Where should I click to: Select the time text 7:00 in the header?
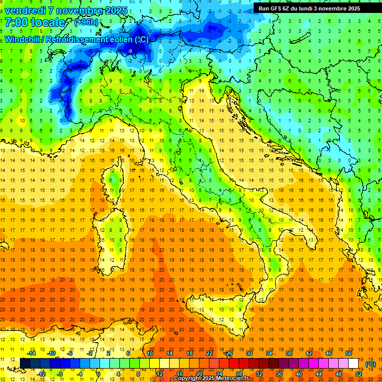pyautogui.click(x=16, y=22)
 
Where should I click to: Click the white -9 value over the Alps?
pyautogui.click(x=130, y=51)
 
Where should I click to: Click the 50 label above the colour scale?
pyautogui.click(x=348, y=353)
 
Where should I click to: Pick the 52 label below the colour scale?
pyautogui.click(x=358, y=374)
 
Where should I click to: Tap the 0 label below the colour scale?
pyautogui.click(x=98, y=374)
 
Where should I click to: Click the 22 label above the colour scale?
pyautogui.click(x=209, y=353)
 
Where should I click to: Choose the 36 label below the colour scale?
pyautogui.click(x=279, y=374)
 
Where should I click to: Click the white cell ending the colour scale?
pyautogui.click(x=353, y=364)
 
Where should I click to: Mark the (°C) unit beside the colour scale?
pyautogui.click(x=370, y=364)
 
